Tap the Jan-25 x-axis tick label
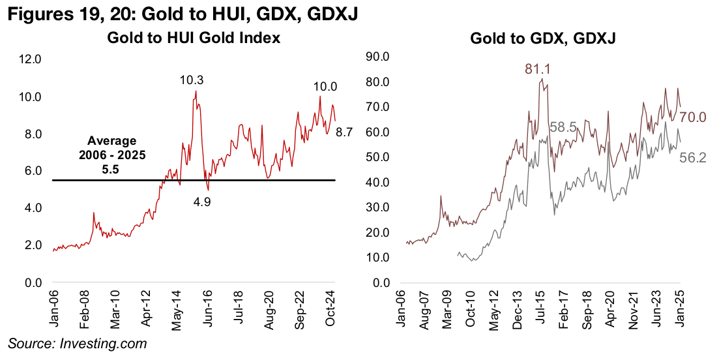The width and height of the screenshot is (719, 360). (678, 304)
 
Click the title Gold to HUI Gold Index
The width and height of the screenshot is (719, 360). (194, 38)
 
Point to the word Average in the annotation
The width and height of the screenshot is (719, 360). (113, 141)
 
